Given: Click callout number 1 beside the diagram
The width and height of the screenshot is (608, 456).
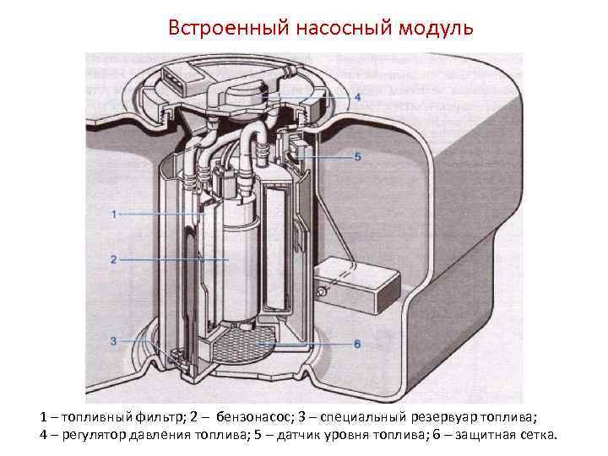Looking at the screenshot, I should (113, 214).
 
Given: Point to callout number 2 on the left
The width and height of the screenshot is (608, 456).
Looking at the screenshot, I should (113, 259).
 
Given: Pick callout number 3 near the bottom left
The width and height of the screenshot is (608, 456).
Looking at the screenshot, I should (113, 340).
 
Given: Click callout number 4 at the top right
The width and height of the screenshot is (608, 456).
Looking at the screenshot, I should (357, 97).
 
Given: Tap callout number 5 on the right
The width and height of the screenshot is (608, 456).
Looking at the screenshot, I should (357, 156).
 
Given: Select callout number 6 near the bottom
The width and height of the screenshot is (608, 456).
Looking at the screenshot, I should (357, 344).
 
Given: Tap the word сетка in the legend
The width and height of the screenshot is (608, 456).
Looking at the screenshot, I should (537, 436).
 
